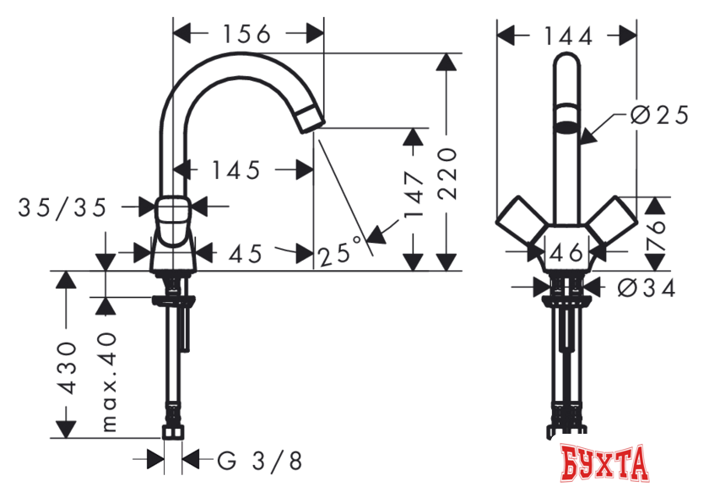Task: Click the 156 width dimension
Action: (246, 34)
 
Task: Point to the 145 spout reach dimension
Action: (235, 170)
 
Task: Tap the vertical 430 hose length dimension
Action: (68, 370)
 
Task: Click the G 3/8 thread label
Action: (259, 461)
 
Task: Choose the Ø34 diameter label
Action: (647, 289)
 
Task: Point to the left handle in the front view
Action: (520, 224)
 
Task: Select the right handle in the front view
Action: (613, 223)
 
